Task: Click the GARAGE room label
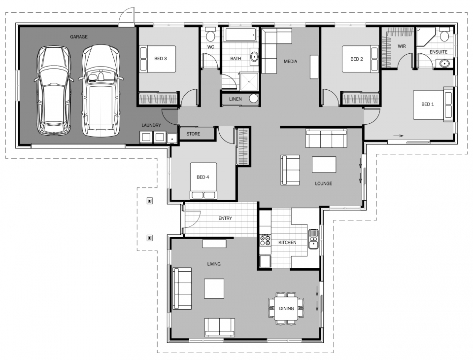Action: (x=78, y=36)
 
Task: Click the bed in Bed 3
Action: (x=157, y=59)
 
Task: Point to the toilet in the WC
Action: (x=210, y=36)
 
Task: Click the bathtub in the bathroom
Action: (x=240, y=35)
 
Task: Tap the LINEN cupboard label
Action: (x=235, y=99)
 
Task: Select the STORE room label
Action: (x=193, y=133)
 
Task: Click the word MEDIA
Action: (x=290, y=62)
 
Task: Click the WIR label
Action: (x=401, y=46)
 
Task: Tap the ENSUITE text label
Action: (x=438, y=51)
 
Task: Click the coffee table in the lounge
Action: (x=324, y=164)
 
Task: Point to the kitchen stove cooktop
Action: (x=265, y=240)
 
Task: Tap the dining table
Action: (x=286, y=308)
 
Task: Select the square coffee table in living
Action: (x=214, y=288)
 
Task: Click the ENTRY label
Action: (x=225, y=218)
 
